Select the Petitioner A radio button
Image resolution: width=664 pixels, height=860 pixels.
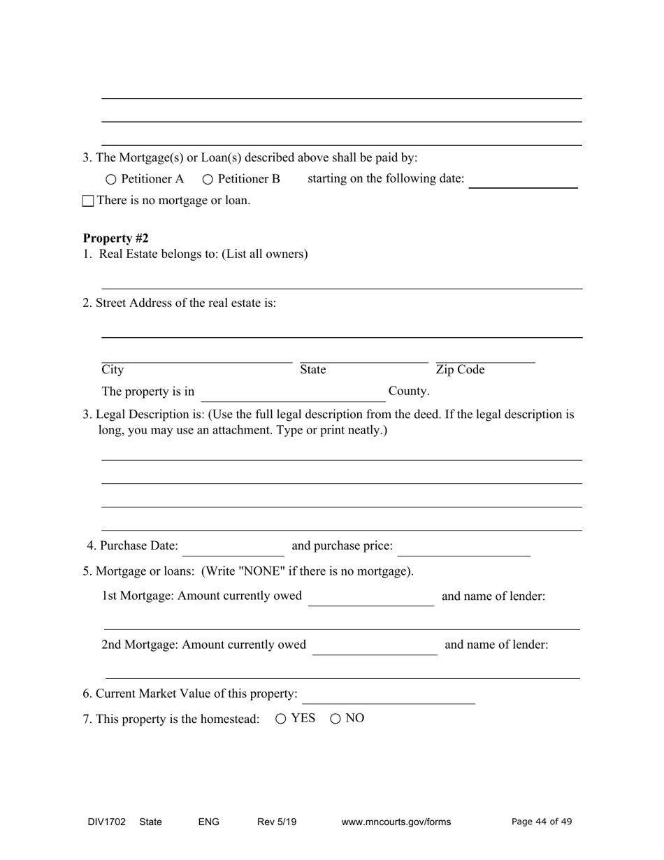pyautogui.click(x=112, y=180)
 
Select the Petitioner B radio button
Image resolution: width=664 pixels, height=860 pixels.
pyautogui.click(x=208, y=180)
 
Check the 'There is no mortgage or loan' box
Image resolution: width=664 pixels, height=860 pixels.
pyautogui.click(x=88, y=201)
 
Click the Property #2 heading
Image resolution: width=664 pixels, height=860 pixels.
pyautogui.click(x=115, y=238)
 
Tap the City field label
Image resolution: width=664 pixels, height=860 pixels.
pyautogui.click(x=113, y=370)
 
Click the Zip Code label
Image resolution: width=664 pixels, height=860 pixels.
pyautogui.click(x=460, y=370)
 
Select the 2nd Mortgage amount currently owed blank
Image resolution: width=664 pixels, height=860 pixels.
pyautogui.click(x=375, y=647)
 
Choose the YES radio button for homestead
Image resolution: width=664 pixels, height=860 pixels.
pyautogui.click(x=281, y=718)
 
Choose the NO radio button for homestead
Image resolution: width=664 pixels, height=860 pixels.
pyautogui.click(x=335, y=718)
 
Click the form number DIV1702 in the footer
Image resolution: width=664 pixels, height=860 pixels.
pyautogui.click(x=107, y=822)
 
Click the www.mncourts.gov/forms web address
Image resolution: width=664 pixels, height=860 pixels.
pyautogui.click(x=396, y=822)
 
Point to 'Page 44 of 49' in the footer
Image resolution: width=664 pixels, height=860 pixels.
pyautogui.click(x=542, y=822)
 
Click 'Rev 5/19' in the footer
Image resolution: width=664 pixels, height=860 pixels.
pyautogui.click(x=277, y=822)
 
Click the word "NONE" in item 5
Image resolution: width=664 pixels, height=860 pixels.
pyautogui.click(x=262, y=571)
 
